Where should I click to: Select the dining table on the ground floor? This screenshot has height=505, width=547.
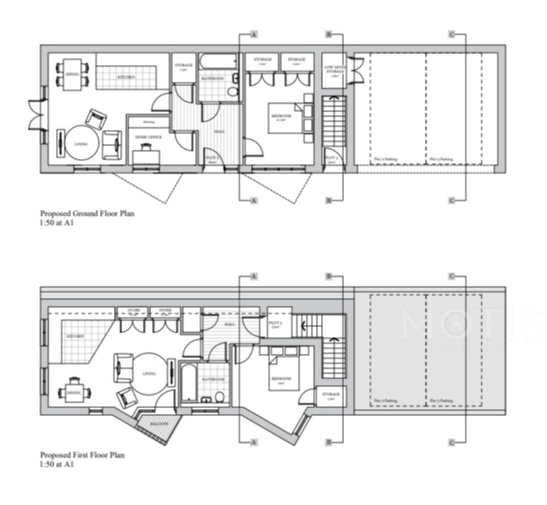[72, 74]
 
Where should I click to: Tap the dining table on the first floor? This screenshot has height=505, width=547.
[73, 392]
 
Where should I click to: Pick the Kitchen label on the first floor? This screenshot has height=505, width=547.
[76, 336]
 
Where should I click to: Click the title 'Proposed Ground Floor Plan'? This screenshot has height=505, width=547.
[87, 213]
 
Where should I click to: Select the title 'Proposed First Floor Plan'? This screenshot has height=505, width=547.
[82, 456]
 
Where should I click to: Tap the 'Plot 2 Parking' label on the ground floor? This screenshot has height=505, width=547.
[387, 160]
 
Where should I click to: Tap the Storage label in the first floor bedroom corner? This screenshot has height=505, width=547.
[331, 396]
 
